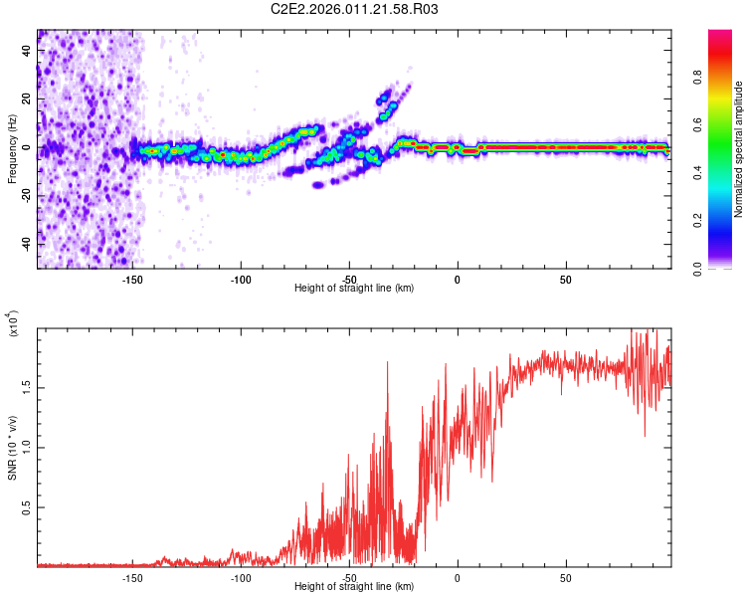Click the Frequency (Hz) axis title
coord(12,149)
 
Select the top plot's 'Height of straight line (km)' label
coord(354,289)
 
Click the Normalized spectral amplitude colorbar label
coord(739,149)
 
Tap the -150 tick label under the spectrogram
coord(131,279)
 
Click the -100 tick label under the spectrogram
coord(240,279)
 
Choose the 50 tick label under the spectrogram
coord(565,279)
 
